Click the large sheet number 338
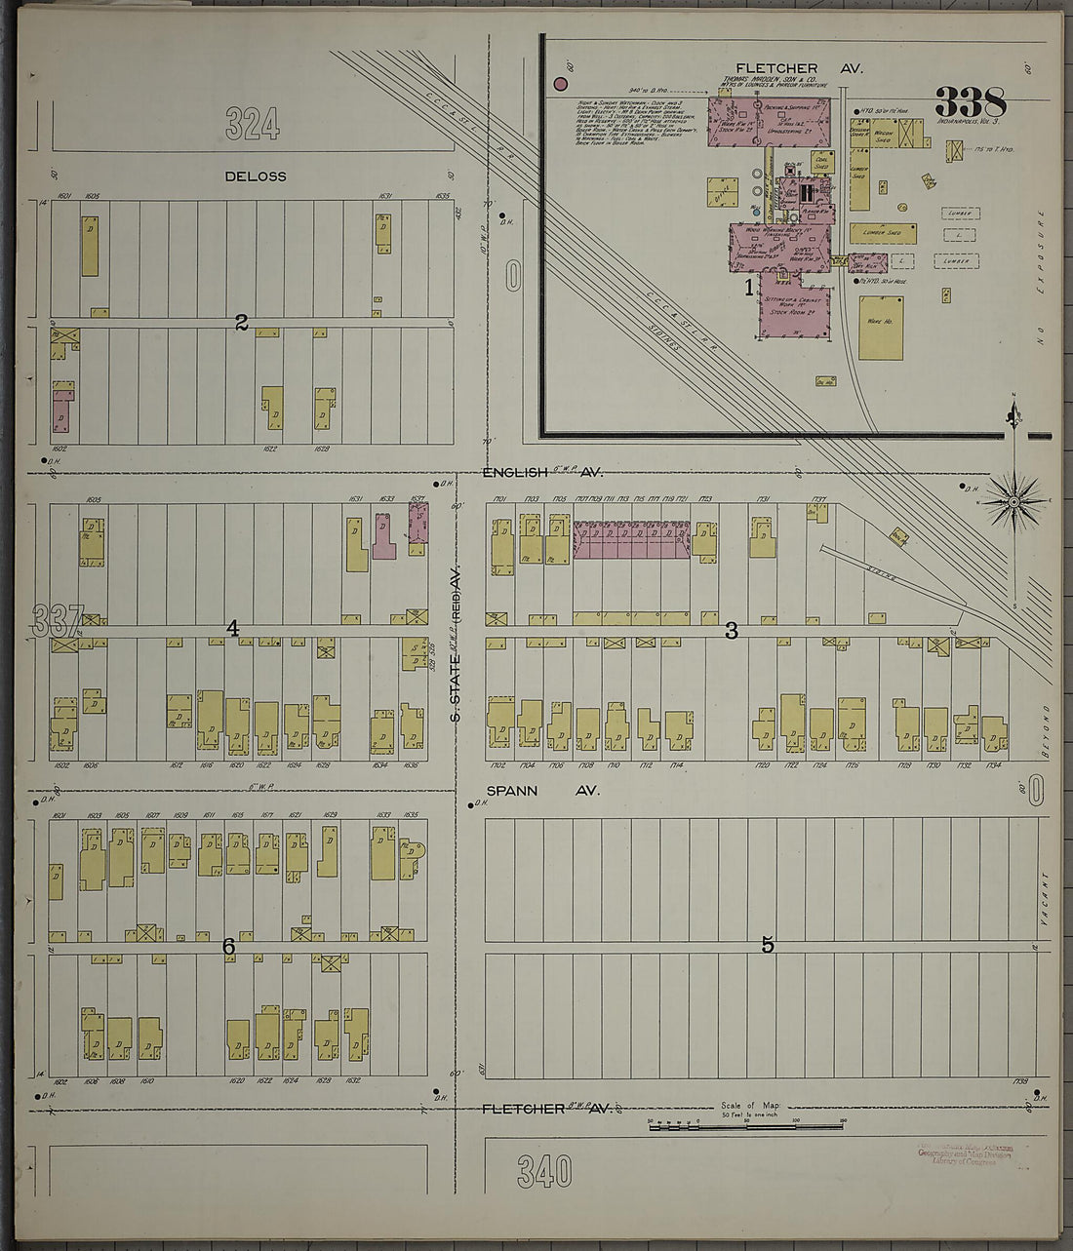point(970,101)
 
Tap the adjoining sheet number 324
point(253,124)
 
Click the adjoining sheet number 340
point(544,1172)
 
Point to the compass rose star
point(1014,503)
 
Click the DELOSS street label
point(256,176)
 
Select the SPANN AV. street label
point(536,791)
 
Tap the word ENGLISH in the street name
point(516,472)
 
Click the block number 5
point(768,945)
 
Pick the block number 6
point(228,947)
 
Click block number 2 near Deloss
point(241,323)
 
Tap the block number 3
point(731,632)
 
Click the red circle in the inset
point(561,84)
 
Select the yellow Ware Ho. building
point(881,328)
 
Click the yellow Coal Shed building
point(823,162)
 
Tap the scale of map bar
point(746,1125)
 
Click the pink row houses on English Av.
point(631,539)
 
